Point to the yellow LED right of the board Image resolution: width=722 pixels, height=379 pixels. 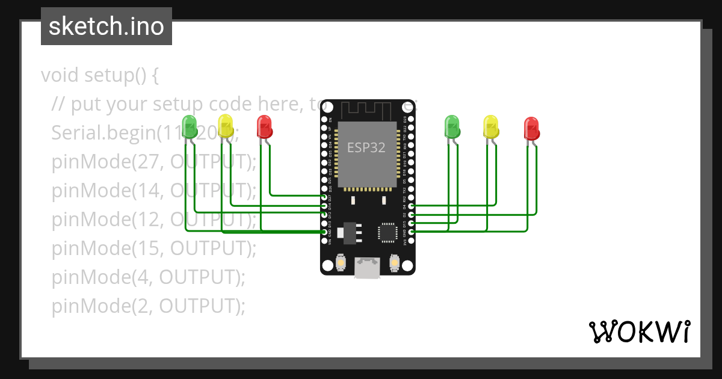tap(491, 126)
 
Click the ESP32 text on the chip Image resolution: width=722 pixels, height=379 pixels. tap(366, 147)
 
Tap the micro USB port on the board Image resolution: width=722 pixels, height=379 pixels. tap(367, 267)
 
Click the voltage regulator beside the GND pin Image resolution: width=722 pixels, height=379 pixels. tap(350, 232)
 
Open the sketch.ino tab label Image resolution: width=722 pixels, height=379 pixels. tap(106, 26)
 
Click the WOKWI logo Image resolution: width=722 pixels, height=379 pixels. tap(639, 331)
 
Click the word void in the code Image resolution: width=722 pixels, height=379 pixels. tap(60, 76)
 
